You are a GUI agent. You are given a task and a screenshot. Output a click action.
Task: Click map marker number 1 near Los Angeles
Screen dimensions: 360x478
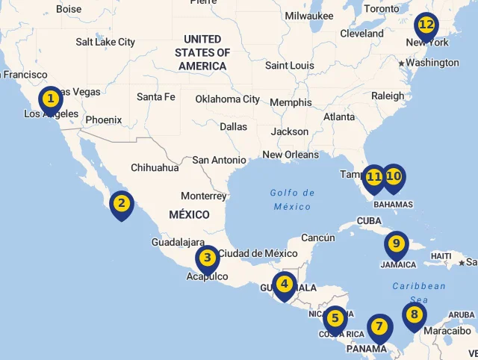click(51, 99)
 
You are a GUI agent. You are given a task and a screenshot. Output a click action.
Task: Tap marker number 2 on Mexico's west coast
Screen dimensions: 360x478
click(121, 204)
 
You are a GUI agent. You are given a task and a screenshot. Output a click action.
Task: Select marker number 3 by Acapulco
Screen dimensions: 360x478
click(208, 259)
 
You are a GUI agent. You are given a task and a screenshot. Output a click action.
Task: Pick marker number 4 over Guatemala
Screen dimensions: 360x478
click(285, 285)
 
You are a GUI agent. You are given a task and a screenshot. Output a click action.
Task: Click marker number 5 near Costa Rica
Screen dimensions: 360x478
click(335, 319)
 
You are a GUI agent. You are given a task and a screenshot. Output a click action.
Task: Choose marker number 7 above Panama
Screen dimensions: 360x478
click(379, 327)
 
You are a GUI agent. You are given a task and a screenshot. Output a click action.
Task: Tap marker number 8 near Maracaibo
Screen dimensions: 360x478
click(414, 315)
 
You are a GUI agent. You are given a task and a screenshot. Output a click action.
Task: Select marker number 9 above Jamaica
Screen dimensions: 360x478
click(397, 244)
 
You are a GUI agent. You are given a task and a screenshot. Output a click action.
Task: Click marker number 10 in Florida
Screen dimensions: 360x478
click(393, 178)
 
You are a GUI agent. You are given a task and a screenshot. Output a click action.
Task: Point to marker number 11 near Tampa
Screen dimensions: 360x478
click(374, 178)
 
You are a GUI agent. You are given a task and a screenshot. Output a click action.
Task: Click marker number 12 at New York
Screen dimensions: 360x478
click(426, 26)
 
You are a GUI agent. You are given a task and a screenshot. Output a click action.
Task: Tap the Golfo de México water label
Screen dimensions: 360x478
click(292, 199)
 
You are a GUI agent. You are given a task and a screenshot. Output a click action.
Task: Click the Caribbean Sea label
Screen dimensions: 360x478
click(419, 292)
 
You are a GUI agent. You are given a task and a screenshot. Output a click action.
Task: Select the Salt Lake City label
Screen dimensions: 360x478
click(105, 42)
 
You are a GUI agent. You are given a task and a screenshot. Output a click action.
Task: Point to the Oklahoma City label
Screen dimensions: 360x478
click(227, 99)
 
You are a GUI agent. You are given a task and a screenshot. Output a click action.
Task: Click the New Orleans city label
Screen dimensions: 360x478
click(290, 155)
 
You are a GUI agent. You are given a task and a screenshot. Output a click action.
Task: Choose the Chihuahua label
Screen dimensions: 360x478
click(155, 168)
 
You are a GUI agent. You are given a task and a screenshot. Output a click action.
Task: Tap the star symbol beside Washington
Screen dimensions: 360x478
click(401, 63)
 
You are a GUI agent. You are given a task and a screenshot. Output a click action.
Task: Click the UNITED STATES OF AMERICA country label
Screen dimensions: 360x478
click(202, 52)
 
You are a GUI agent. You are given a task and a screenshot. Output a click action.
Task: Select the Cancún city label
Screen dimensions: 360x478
click(318, 238)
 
